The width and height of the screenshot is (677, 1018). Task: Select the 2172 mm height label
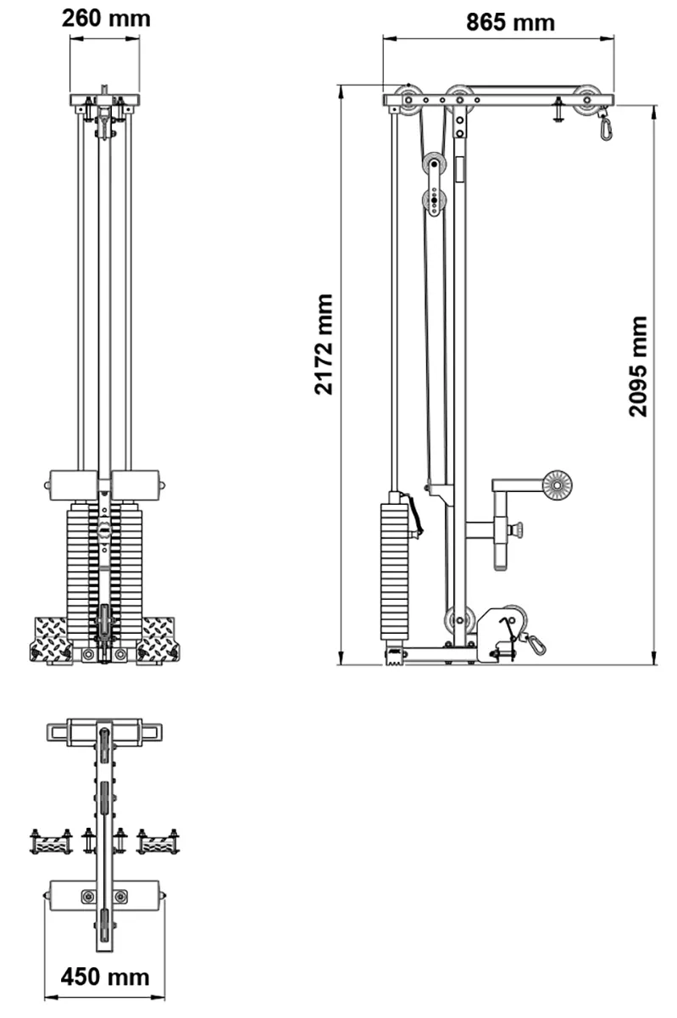[x=323, y=344]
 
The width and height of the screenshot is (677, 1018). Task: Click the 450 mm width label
[x=104, y=976]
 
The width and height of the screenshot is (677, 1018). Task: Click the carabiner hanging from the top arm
[x=606, y=127]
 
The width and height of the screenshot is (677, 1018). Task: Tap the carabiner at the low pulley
[x=535, y=644]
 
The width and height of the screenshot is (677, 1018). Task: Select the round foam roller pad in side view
[x=557, y=485]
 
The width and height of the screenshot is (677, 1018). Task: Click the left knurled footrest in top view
[x=51, y=842]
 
